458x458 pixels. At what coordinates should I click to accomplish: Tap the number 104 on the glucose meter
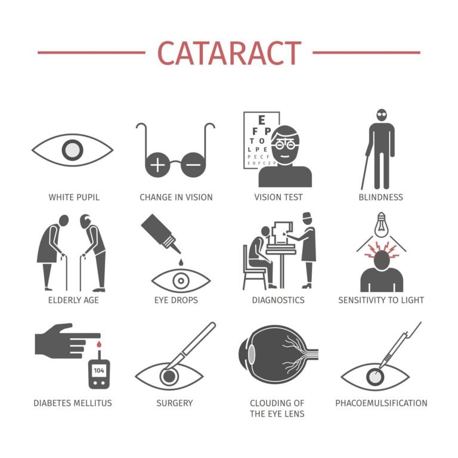click(99, 370)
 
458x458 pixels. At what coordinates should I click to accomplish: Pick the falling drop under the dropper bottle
click(180, 262)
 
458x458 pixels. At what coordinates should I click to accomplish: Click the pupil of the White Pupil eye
click(72, 150)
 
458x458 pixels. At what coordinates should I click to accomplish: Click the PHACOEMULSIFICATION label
click(381, 403)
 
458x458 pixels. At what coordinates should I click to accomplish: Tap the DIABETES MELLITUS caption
click(73, 403)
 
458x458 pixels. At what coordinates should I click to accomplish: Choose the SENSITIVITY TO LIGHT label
click(381, 300)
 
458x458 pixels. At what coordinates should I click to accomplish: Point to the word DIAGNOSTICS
click(278, 300)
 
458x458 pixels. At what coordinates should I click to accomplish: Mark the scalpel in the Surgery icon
click(192, 346)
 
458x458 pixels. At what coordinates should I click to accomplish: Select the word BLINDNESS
click(381, 197)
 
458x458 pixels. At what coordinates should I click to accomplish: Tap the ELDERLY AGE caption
click(73, 300)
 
